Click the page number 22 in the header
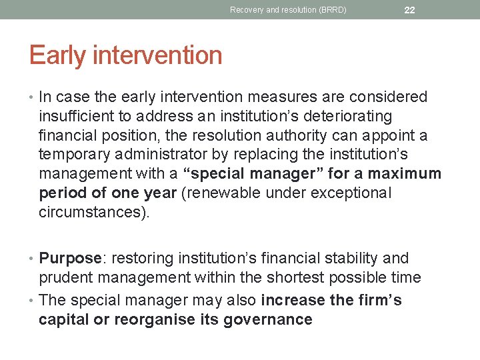coord(409,10)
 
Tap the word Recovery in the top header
coord(246,10)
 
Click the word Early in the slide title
coord(56,55)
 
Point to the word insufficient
coord(76,116)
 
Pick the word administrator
coord(161,155)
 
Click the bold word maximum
coord(408,174)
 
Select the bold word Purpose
coord(69,258)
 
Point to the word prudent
coord(66,277)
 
